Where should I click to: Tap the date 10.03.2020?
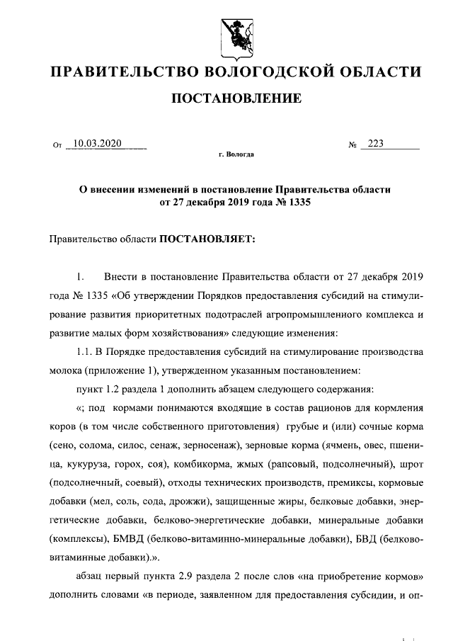[98, 144]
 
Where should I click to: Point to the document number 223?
[375, 144]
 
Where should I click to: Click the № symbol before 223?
[352, 145]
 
